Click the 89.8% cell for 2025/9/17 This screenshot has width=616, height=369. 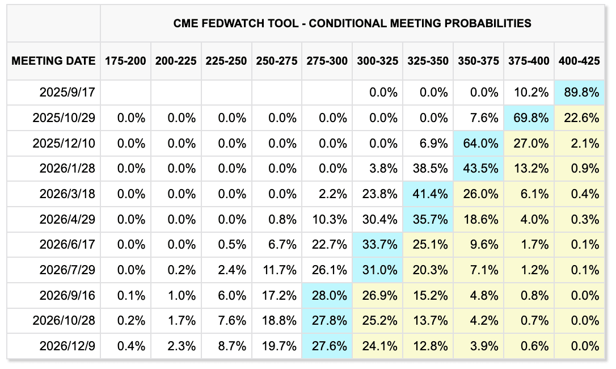pyautogui.click(x=579, y=93)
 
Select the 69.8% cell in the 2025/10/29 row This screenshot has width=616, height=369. pyautogui.click(x=529, y=118)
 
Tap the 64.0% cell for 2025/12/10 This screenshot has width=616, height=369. pyautogui.click(x=479, y=143)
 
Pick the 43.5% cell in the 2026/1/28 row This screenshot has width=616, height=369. pyautogui.click(x=479, y=169)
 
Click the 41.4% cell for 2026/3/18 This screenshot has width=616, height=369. pyautogui.click(x=428, y=194)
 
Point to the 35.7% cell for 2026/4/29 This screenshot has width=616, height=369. pyautogui.click(x=428, y=219)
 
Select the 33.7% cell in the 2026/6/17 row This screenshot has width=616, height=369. pyautogui.click(x=378, y=245)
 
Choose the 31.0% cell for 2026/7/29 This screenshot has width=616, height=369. pyautogui.click(x=378, y=270)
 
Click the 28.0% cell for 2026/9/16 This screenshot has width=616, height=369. pyautogui.click(x=327, y=295)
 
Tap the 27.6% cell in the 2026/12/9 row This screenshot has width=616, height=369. pyautogui.click(x=327, y=346)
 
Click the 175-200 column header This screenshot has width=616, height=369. pyautogui.click(x=125, y=61)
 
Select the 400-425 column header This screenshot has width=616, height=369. pyautogui.click(x=579, y=61)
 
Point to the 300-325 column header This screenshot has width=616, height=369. pyautogui.click(x=378, y=61)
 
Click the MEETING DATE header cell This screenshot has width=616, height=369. pyautogui.click(x=53, y=61)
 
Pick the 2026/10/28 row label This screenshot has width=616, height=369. pyautogui.click(x=64, y=321)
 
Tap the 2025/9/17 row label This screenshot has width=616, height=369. pyautogui.click(x=67, y=93)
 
